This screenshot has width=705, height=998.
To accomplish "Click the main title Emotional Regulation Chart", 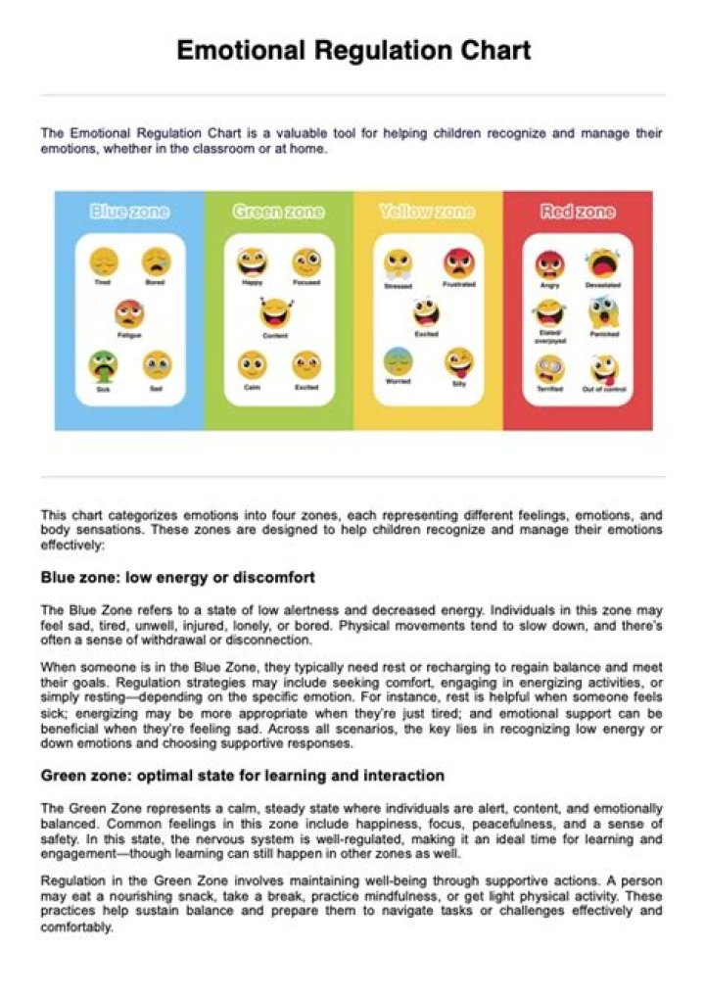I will pyautogui.click(x=353, y=51).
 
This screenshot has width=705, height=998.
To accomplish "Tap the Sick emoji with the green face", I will pyautogui.click(x=103, y=365).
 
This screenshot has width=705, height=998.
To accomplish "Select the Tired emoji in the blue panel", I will pyautogui.click(x=103, y=261).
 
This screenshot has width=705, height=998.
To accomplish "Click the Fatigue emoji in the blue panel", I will pyautogui.click(x=129, y=313).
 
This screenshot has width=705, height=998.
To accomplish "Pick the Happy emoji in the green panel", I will pyautogui.click(x=252, y=261).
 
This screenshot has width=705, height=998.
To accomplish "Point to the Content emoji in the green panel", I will pyautogui.click(x=275, y=313).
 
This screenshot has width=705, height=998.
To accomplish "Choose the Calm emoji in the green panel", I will pyautogui.click(x=252, y=365).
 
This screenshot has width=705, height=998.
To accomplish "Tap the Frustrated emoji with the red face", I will pyautogui.click(x=458, y=262).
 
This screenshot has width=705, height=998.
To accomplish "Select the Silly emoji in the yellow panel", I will pyautogui.click(x=458, y=362).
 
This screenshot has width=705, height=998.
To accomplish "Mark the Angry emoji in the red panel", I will pyautogui.click(x=549, y=264).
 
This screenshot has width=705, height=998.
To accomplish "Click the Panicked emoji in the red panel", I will pyautogui.click(x=603, y=313).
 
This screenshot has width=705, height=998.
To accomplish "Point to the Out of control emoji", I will pyautogui.click(x=603, y=369).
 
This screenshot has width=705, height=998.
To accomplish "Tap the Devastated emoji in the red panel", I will pyautogui.click(x=603, y=262).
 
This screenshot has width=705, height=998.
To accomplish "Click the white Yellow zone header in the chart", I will pyautogui.click(x=427, y=212).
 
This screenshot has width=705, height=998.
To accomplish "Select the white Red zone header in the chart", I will pyautogui.click(x=578, y=212).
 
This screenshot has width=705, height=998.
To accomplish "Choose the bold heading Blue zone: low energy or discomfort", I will pyautogui.click(x=177, y=577).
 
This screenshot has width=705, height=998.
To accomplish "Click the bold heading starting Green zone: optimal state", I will pyautogui.click(x=242, y=776).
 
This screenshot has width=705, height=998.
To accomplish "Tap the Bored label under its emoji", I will pyautogui.click(x=156, y=283).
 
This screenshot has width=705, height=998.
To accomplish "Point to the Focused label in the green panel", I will pyautogui.click(x=306, y=283).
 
